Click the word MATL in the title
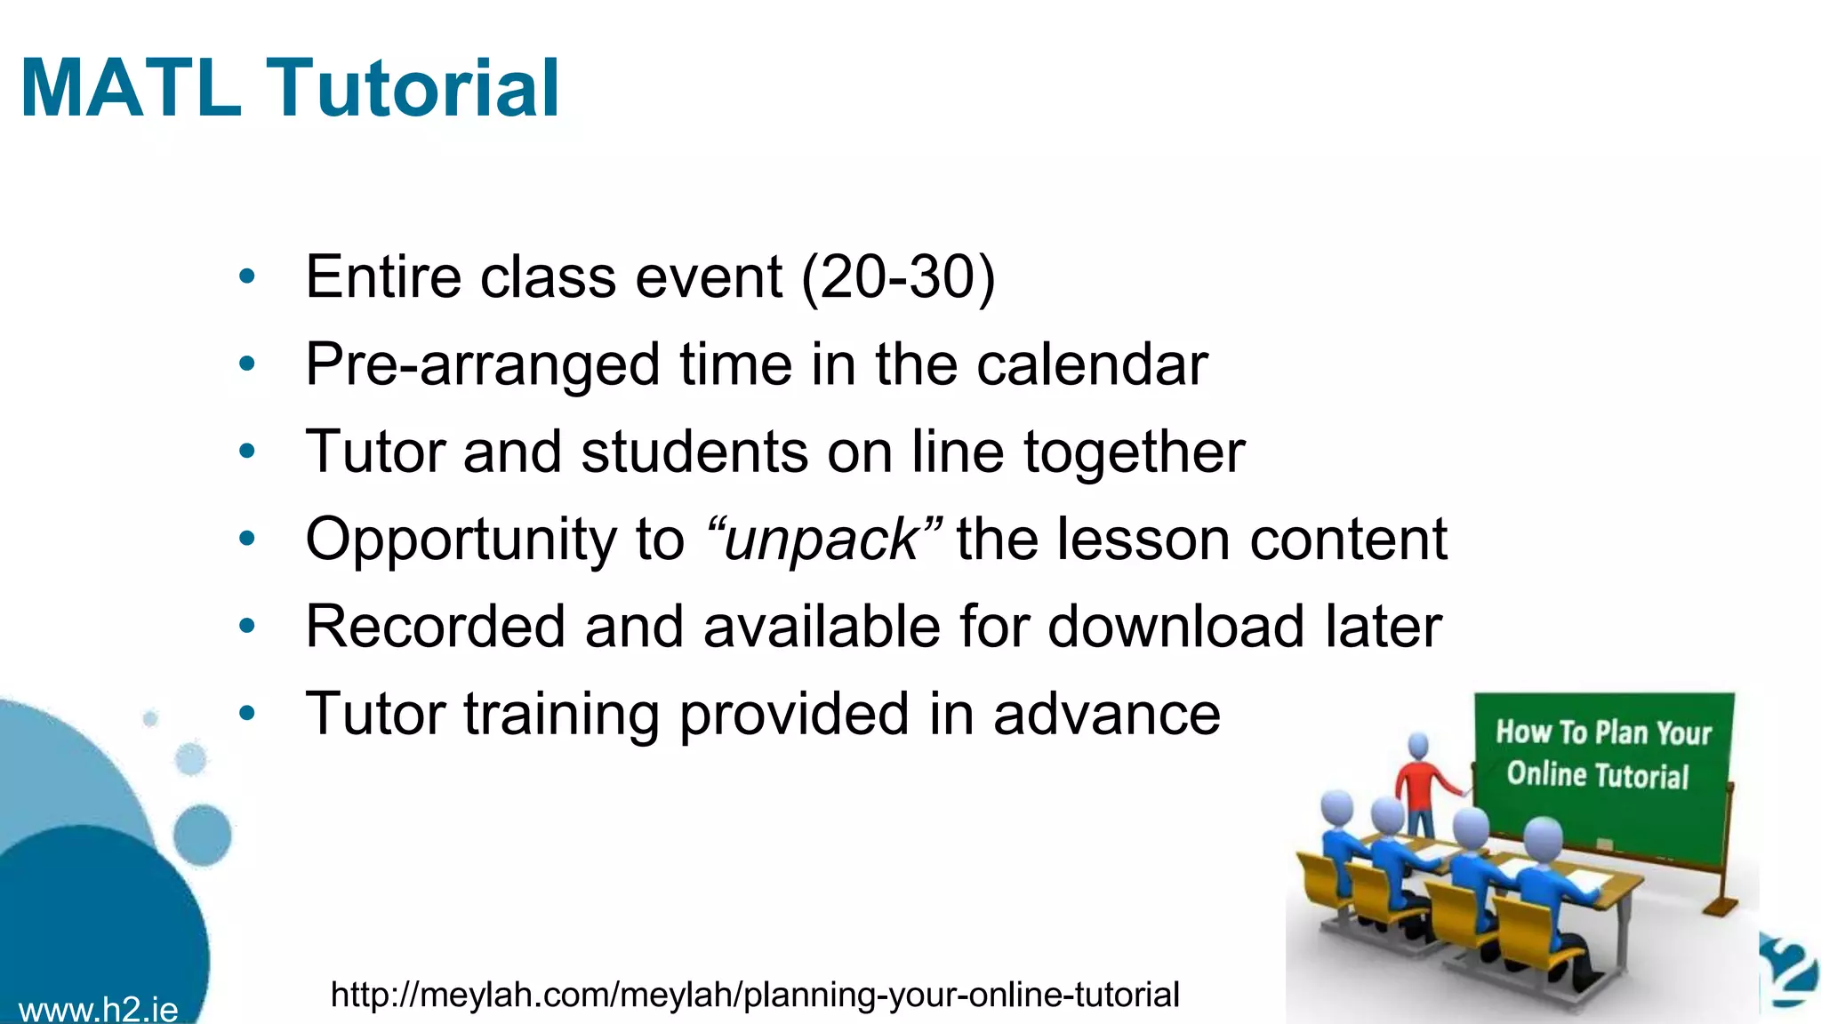[x=131, y=88]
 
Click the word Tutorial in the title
[x=413, y=88]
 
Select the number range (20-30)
[x=898, y=276]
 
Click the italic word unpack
[x=821, y=540]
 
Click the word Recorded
[x=435, y=627]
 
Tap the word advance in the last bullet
[x=1106, y=714]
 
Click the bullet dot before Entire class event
[x=247, y=276]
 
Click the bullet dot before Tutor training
[x=247, y=713]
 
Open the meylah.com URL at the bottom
[x=754, y=995]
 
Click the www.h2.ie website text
[x=98, y=1010]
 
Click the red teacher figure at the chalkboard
[x=1419, y=782]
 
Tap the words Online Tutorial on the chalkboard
[x=1597, y=775]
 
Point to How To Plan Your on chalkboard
[x=1603, y=732]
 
